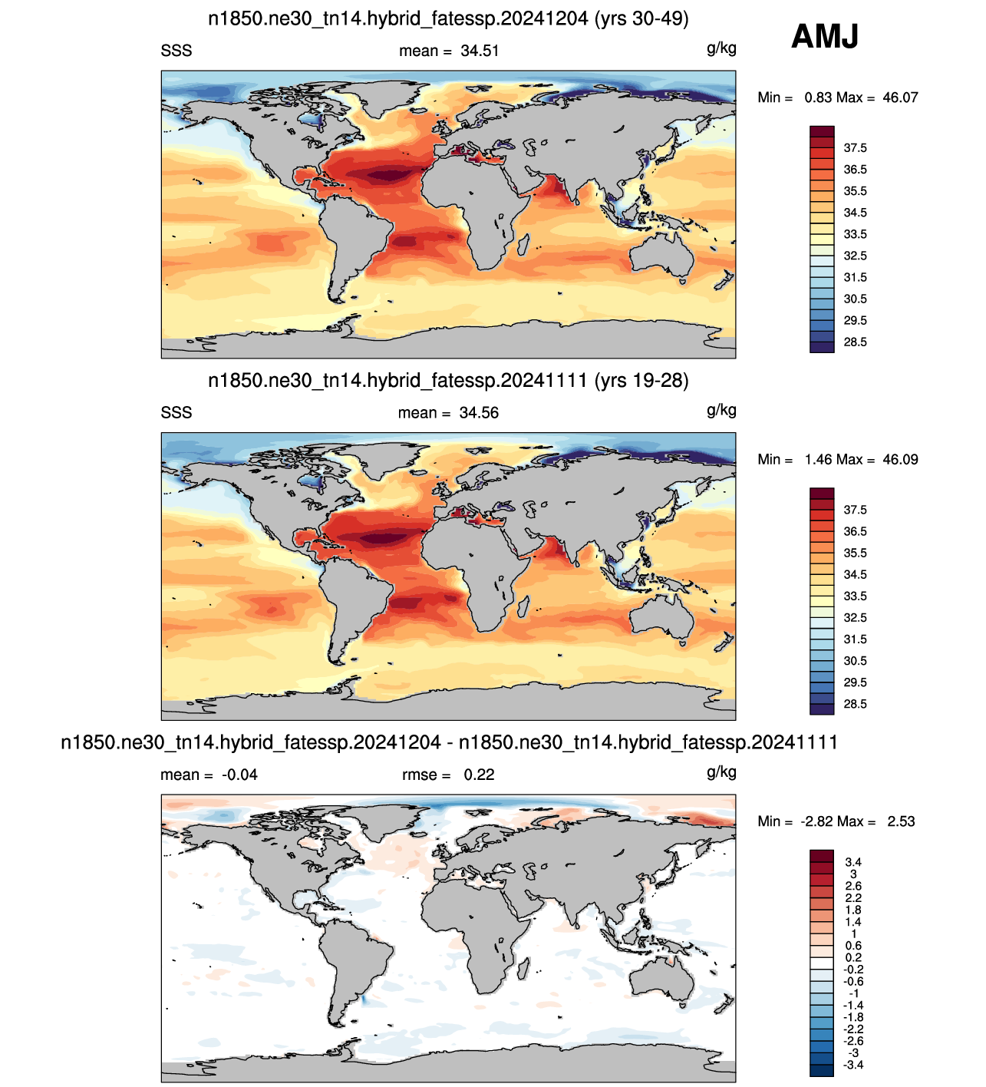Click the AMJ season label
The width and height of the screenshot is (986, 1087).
click(825, 36)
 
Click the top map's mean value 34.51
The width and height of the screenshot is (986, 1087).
click(480, 51)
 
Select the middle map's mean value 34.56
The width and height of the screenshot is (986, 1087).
click(479, 413)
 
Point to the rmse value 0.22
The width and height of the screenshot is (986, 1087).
click(479, 775)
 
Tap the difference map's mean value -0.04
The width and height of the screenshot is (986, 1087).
click(239, 775)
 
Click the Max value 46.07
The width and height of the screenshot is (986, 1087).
click(900, 97)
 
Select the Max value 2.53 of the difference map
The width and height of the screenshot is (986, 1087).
click(901, 821)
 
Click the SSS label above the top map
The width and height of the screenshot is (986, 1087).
click(176, 51)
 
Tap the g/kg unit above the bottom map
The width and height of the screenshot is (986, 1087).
click(721, 773)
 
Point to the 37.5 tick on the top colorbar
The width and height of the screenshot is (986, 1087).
click(855, 148)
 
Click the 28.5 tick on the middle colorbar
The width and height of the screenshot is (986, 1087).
click(855, 704)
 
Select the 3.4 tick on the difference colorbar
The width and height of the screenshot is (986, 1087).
click(853, 862)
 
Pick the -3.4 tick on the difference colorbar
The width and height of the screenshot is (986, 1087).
click(853, 1065)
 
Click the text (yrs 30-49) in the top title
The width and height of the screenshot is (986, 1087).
click(641, 19)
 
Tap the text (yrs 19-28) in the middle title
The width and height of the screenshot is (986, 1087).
click(641, 381)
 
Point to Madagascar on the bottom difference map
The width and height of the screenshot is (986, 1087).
click(523, 968)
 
